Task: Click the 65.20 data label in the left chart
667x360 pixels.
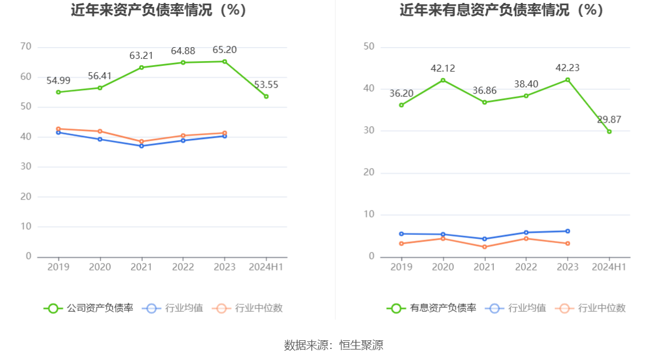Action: (224, 50)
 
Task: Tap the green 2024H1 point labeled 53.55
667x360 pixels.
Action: (266, 97)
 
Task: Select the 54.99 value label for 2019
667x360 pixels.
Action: (58, 80)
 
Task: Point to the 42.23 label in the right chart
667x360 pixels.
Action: (568, 68)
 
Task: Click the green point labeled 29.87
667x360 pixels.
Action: (609, 131)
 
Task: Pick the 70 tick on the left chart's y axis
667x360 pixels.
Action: (26, 47)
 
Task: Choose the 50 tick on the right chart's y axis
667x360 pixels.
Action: (369, 47)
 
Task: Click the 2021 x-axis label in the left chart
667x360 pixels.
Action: (141, 267)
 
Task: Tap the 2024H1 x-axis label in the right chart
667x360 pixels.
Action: (609, 267)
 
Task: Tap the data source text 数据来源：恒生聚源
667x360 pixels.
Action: (334, 345)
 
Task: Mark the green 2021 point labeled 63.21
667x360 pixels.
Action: (141, 67)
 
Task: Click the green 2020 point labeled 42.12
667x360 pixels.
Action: (443, 80)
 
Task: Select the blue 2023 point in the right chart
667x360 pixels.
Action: (568, 231)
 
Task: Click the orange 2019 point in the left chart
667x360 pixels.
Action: (58, 129)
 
